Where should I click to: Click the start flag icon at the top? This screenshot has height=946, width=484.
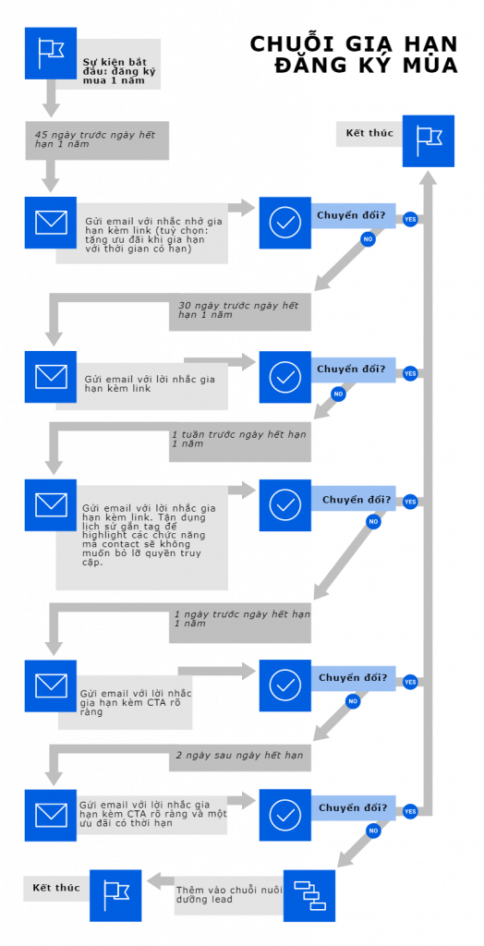coord(51,53)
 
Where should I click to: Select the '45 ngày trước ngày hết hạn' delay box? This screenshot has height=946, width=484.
coord(96,139)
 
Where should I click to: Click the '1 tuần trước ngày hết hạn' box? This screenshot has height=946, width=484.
coord(239,441)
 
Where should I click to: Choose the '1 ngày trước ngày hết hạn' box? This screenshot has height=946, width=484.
coord(241,621)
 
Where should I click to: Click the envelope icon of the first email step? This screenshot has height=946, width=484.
coord(51,223)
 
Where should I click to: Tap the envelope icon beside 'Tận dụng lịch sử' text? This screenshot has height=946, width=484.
coord(51,504)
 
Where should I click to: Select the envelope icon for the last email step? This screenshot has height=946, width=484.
coord(51,815)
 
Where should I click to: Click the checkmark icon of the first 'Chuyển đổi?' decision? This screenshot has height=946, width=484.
coord(284,223)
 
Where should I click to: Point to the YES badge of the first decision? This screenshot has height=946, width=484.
coord(410,219)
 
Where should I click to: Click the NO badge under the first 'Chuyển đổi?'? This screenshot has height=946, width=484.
coord(368,239)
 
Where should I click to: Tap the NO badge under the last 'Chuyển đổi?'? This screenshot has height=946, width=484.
coord(373,831)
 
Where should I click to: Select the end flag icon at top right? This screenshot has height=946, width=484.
coord(429,140)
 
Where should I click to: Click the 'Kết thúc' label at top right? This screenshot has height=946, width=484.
coord(369,134)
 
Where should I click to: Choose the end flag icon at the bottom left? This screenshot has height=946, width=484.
coord(115,895)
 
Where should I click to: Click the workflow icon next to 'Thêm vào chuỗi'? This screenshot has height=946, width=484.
coord(309,895)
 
